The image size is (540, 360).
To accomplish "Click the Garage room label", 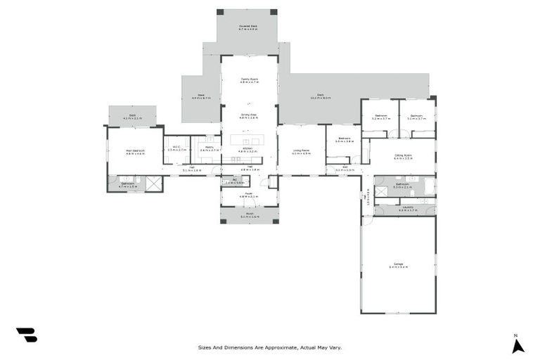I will [x=398, y=265].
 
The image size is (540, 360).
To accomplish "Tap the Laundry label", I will [x=408, y=208].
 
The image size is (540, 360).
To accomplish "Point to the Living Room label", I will [x=301, y=152].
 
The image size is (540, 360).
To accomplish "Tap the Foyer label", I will [x=249, y=195].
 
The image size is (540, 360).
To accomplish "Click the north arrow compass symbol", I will [x=517, y=345].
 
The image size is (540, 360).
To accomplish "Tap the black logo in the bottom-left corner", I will [x=26, y=335].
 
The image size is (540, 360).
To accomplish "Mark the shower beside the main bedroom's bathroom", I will [x=154, y=184].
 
